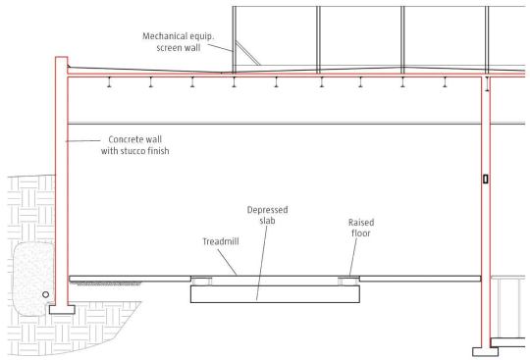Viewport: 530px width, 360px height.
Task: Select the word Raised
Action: point(361,223)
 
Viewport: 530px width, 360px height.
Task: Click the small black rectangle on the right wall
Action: point(486,180)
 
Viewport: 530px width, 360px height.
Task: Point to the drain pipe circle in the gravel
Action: point(45,293)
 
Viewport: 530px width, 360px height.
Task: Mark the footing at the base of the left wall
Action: point(58,309)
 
